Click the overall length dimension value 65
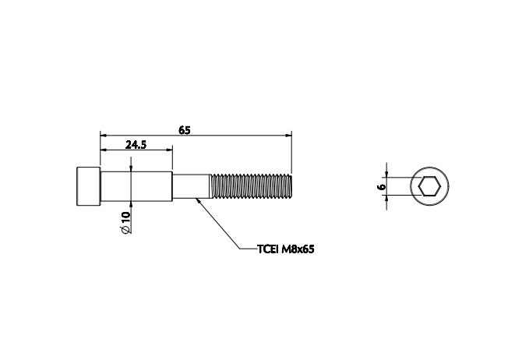point(185,129)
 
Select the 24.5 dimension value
point(136,145)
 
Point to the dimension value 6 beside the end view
point(379,187)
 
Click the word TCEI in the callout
point(267,250)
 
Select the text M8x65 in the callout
point(298,250)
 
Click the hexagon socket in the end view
point(429,187)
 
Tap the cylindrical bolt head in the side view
point(88,186)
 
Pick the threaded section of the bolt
point(251,187)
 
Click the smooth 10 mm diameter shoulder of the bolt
point(136,187)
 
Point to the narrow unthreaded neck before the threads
point(191,187)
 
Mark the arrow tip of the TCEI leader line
point(199,199)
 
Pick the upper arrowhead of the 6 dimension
point(387,174)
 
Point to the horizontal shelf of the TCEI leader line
point(246,250)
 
